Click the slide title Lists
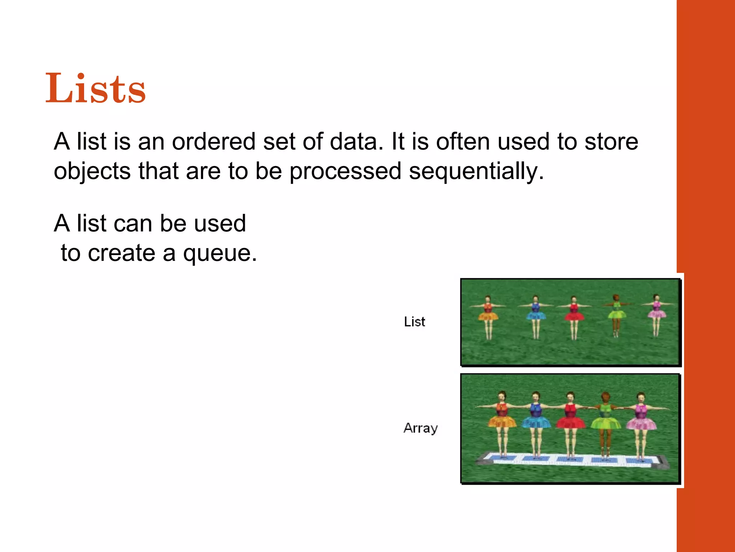[x=95, y=88]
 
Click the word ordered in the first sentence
[x=213, y=142]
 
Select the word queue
[x=220, y=254]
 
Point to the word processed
[x=345, y=171]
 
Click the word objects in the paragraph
[x=92, y=171]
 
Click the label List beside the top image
[x=414, y=322]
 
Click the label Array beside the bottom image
[x=420, y=428]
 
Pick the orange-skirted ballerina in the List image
[x=488, y=316]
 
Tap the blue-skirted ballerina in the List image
[x=535, y=316]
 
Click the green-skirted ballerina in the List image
[x=616, y=314]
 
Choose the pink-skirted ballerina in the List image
[x=656, y=313]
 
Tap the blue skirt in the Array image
[x=535, y=422]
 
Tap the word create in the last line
[x=121, y=253]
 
